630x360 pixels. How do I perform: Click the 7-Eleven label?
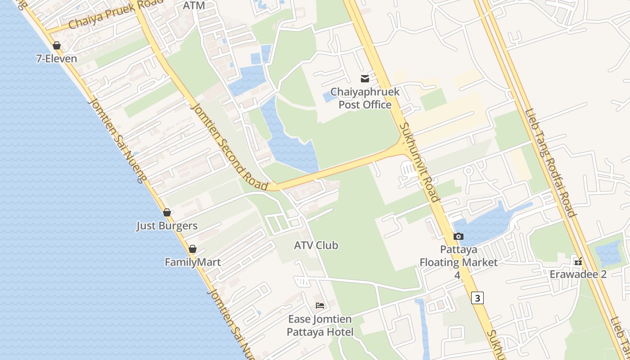[x=56, y=58]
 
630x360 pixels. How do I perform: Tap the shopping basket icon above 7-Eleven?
[x=57, y=45]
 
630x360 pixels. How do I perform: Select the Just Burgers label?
[x=167, y=225]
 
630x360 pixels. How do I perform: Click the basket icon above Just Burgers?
[x=167, y=212]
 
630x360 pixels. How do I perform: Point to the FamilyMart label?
[x=193, y=262]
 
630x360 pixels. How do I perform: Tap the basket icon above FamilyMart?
[x=193, y=249]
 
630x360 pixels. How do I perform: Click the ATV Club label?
[x=316, y=245]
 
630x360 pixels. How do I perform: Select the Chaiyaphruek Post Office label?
[x=365, y=99]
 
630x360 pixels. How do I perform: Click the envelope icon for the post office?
[x=365, y=79]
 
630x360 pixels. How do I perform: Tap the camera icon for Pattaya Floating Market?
[x=459, y=236]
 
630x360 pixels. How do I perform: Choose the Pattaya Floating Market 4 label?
[x=459, y=262]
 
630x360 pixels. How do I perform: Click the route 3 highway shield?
[x=477, y=298]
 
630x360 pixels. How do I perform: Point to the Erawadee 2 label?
[x=578, y=274]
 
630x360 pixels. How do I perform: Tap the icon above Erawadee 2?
[x=578, y=261]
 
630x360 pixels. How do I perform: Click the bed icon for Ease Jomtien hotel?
[x=320, y=306]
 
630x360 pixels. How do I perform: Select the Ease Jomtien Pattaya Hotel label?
[x=320, y=326]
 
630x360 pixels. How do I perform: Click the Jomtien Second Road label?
[x=229, y=146]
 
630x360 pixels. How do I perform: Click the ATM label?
[x=194, y=5]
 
